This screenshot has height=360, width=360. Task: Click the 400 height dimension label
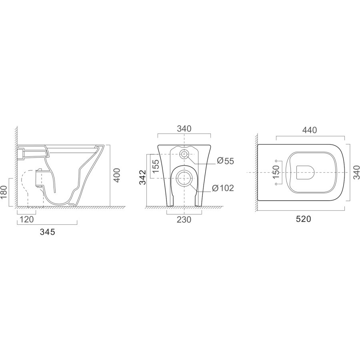pos(117,175)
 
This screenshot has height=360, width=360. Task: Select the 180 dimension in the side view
pos(4,192)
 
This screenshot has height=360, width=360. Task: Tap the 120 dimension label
pos(27,220)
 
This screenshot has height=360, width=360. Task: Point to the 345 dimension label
pos(48,232)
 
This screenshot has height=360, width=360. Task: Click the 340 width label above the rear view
pos(184,129)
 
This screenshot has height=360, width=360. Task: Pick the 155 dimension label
pos(156,166)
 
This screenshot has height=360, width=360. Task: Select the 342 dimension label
pos(142,177)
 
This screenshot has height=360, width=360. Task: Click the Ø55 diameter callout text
pos(225,161)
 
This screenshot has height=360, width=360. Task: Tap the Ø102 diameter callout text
pos(223,188)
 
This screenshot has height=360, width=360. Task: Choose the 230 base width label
pos(184,220)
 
